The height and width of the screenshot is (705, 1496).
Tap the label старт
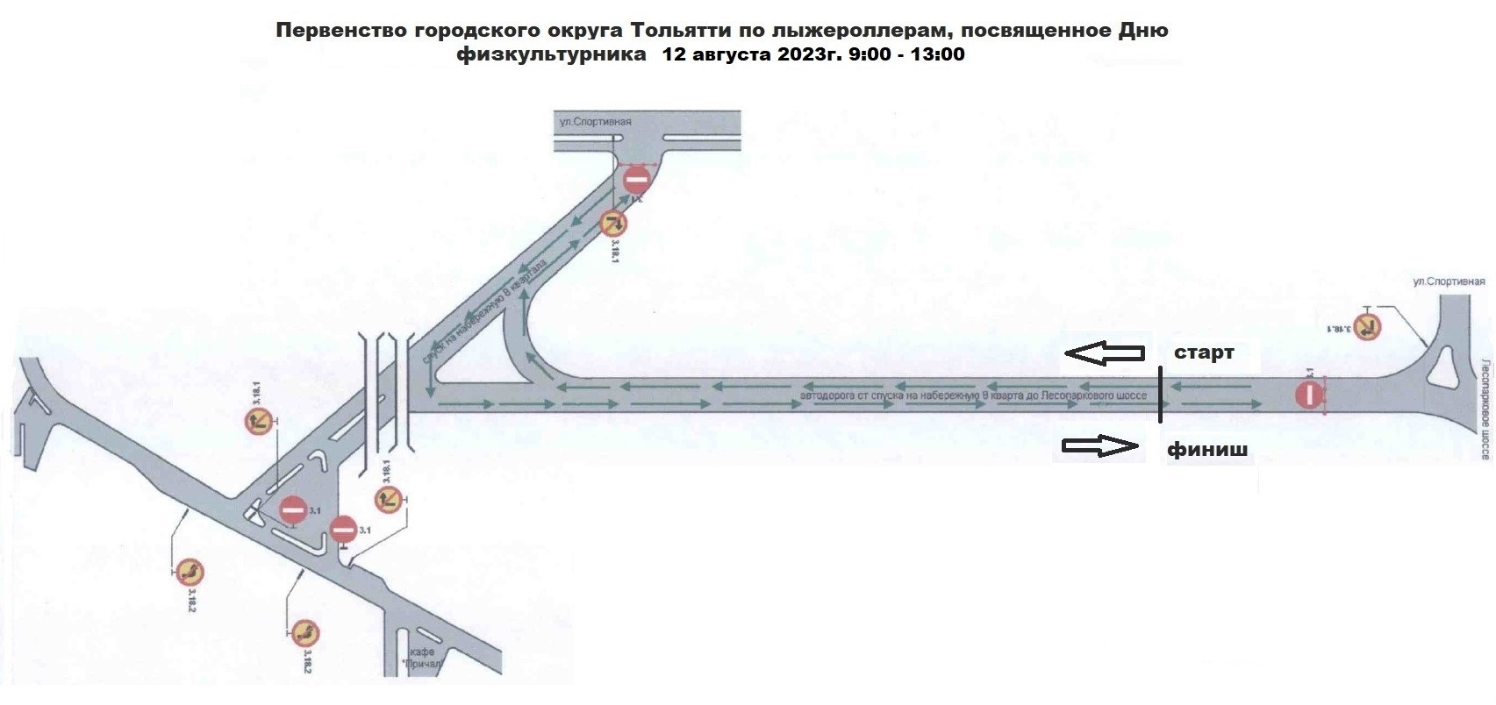[1204, 352]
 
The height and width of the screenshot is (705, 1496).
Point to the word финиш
[1206, 450]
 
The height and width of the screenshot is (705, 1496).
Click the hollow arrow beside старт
[1105, 353]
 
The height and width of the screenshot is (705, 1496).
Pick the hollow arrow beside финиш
[1100, 447]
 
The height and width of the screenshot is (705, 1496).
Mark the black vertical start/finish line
[1160, 395]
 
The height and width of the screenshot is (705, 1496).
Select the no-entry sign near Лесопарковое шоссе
[1309, 395]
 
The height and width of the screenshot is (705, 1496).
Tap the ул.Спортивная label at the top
[596, 122]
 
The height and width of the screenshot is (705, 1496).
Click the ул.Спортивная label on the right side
[1449, 281]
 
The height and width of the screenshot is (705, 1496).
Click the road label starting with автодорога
[974, 395]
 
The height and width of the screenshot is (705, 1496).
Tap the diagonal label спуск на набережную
[486, 306]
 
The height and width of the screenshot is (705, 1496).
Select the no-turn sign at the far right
[1367, 327]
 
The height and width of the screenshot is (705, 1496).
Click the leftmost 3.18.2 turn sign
[189, 573]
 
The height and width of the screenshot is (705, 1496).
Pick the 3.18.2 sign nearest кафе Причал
[305, 633]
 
